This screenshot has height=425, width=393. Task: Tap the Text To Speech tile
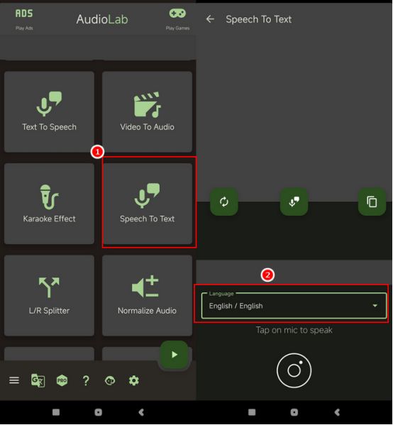click(x=49, y=111)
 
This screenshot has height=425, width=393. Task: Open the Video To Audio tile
click(x=147, y=111)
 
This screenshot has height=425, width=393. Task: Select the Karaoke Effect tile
click(x=49, y=204)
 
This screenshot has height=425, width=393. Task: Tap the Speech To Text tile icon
click(x=147, y=196)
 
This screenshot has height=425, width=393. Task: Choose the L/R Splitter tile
click(x=49, y=295)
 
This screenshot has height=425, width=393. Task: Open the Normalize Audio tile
click(x=147, y=295)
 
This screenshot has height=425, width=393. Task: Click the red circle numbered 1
click(x=97, y=152)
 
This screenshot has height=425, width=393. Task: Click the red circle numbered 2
click(x=267, y=275)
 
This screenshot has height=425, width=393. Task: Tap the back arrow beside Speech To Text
click(x=210, y=19)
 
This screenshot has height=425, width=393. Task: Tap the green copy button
click(x=372, y=202)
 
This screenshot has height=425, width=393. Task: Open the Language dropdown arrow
click(x=375, y=306)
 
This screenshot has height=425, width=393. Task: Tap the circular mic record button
click(x=294, y=370)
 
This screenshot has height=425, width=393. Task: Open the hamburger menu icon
click(x=14, y=380)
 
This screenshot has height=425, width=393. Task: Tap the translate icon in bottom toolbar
click(x=38, y=380)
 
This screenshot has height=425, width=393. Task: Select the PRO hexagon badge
click(x=62, y=380)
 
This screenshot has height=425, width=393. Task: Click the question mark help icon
click(x=86, y=380)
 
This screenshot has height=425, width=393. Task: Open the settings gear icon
click(x=134, y=380)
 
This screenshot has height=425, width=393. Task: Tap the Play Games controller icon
click(x=177, y=13)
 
